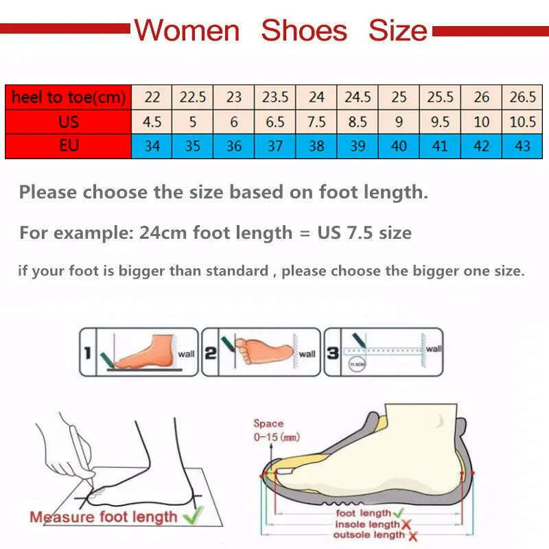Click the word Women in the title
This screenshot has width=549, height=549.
click(186, 31)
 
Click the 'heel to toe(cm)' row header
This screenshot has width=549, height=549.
click(69, 97)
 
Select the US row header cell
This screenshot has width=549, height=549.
click(69, 122)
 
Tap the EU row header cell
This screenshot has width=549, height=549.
click(69, 146)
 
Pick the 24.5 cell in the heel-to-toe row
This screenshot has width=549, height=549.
click(358, 97)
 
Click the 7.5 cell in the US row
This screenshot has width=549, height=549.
click(316, 122)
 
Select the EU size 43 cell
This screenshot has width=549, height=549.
click(523, 146)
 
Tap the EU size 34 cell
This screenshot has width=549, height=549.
click(152, 146)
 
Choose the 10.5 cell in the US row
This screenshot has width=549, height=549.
click(523, 122)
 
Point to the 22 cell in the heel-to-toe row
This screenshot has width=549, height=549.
click(152, 97)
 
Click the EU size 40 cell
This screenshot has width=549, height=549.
click(399, 146)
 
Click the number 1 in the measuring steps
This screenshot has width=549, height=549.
click(87, 353)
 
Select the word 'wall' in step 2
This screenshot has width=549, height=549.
click(307, 354)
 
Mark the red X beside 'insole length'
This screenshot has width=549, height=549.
click(406, 524)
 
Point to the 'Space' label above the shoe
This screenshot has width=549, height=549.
click(268, 423)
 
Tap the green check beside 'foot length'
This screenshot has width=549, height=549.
click(399, 513)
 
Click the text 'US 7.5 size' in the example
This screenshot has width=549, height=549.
click(364, 233)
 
